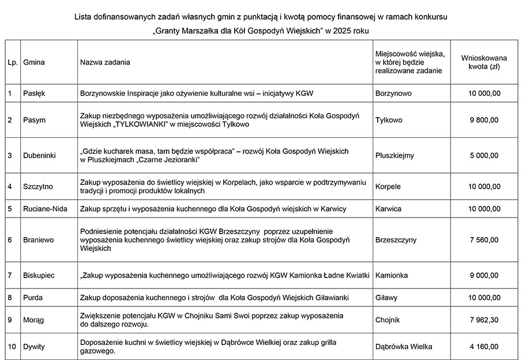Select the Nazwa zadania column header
(x=105, y=62)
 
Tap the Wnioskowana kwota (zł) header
(x=484, y=62)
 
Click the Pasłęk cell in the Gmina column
(x=34, y=93)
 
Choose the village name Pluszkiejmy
(x=394, y=156)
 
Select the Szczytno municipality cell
(x=38, y=186)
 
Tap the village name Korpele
(x=388, y=186)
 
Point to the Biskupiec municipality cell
(x=39, y=276)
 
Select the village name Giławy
(x=386, y=298)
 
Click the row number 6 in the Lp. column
(x=10, y=240)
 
